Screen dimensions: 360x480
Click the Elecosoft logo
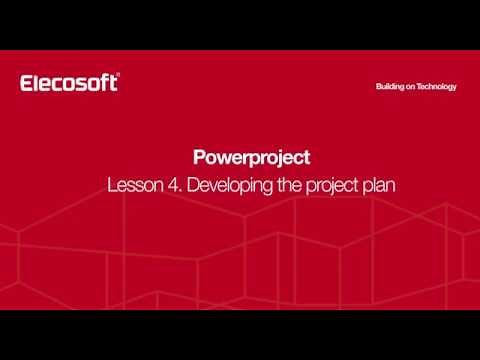(68, 83)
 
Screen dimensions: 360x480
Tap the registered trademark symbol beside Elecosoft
(117, 76)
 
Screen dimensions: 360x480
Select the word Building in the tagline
(393, 87)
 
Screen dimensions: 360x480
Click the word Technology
(440, 87)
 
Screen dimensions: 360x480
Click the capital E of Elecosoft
(27, 83)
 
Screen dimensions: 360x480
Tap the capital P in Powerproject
(198, 158)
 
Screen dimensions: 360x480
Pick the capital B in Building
(379, 87)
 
